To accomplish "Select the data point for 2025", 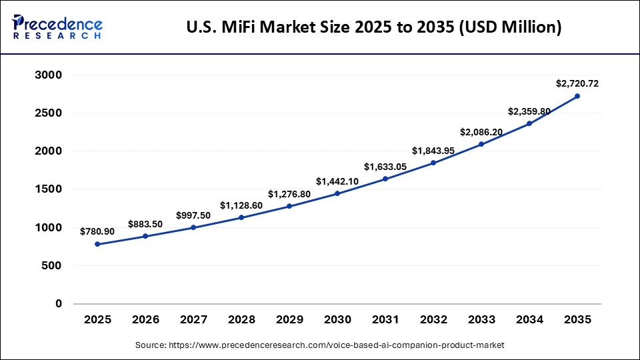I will click(97, 244).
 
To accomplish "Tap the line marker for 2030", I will click(337, 193).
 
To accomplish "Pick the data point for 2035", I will click(577, 96).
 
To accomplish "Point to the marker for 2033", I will click(481, 144).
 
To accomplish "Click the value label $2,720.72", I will click(577, 83).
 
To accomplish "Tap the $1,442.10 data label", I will click(337, 181).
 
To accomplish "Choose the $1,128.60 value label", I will click(241, 205).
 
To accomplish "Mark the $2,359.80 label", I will click(529, 111).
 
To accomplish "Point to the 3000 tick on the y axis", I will click(48, 75).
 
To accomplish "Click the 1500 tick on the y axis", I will click(48, 189).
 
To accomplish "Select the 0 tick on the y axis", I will click(58, 304).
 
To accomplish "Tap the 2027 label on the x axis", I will click(193, 320).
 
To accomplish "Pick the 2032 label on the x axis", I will click(433, 320).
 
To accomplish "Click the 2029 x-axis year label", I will click(289, 320).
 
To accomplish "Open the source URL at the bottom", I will click(319, 345).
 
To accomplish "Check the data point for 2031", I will click(385, 179).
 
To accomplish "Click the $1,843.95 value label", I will click(433, 151).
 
